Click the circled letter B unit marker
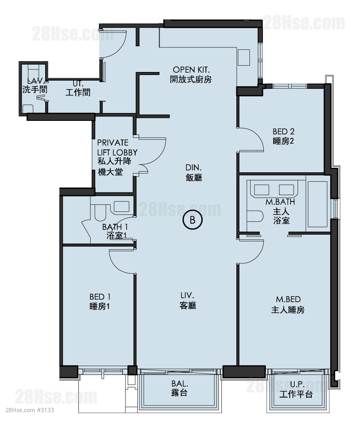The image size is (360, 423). pos(192,220)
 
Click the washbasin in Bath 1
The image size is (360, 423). pos(121,207)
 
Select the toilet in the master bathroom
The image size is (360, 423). pos(255,216)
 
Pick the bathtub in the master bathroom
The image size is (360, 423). pos(317,204)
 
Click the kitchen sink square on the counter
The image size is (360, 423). pos(243,57)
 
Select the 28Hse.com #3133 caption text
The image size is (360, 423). pos(30,410)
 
